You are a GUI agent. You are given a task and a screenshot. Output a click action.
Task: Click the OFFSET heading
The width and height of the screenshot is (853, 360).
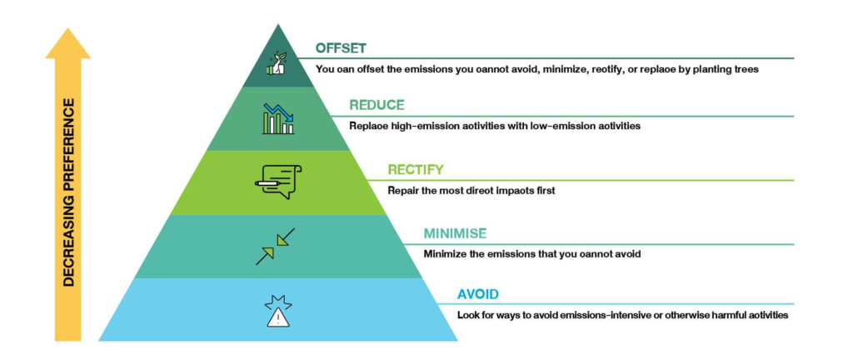coord(341,48)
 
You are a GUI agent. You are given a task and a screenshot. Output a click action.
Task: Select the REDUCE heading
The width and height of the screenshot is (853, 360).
coord(377,105)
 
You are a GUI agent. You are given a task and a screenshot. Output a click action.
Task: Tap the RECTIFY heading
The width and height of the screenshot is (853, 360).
coord(416,170)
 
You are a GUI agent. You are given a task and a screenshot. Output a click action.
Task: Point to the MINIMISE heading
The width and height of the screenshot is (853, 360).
coord(455,234)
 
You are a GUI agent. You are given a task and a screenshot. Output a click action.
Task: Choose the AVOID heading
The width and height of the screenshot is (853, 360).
coord(477,295)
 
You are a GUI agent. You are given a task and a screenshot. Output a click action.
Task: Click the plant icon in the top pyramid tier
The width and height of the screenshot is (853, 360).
coord(277,63)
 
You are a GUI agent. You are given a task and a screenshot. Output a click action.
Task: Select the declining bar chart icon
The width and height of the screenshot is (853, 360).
coord(278,118)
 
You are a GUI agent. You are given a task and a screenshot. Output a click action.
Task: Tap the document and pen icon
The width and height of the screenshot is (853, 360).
coord(278,182)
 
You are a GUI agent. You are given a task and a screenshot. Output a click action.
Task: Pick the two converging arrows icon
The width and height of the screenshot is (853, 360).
coord(275,247)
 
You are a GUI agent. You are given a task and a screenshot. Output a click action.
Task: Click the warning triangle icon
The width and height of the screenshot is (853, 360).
coord(278,312)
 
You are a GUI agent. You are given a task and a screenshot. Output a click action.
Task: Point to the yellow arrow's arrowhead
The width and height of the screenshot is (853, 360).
coord(68,43)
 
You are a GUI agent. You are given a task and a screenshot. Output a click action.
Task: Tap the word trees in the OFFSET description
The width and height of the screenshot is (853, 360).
coord(747,70)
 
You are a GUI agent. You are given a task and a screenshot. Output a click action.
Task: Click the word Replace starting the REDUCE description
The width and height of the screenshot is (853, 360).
coord(367,126)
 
